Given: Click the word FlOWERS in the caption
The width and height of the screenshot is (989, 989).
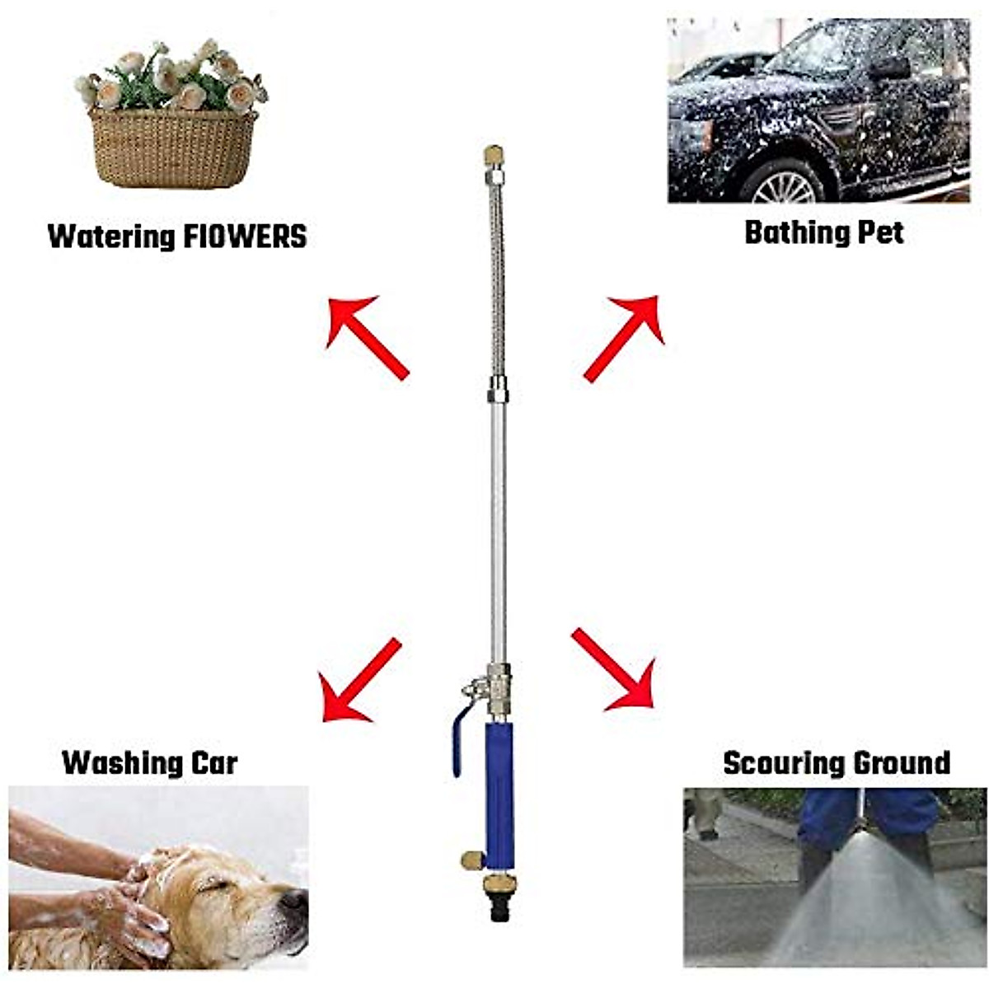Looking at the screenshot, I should point(244,237).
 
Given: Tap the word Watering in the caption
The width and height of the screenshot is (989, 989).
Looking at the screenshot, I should point(111,237).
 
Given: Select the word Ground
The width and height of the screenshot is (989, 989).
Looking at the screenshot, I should point(901,763).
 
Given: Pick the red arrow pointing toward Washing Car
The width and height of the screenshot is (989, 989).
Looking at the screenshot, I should point(360,681).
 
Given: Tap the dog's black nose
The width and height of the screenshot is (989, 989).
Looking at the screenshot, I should point(293,903).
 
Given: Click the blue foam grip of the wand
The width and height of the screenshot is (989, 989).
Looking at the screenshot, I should point(499,795).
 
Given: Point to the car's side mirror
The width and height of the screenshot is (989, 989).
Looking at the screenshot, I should point(889,67).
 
